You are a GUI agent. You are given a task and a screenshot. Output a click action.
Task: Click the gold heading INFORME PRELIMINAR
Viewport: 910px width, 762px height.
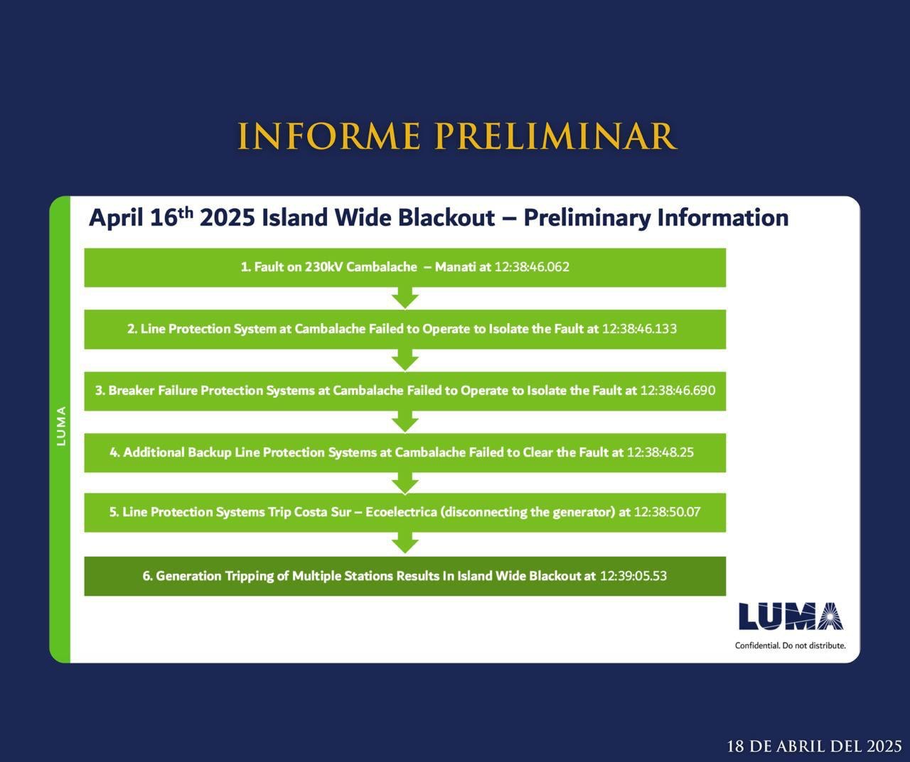pos(456,137)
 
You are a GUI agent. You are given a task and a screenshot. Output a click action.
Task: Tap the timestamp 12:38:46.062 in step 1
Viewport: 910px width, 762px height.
pos(532,267)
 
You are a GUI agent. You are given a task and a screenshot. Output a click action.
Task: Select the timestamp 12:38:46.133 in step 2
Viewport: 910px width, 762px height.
pos(639,329)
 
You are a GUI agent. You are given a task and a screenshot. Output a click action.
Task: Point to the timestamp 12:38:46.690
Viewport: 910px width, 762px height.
pos(678,391)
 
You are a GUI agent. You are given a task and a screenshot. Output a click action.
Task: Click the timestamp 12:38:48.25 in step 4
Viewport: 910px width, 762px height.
pos(660,452)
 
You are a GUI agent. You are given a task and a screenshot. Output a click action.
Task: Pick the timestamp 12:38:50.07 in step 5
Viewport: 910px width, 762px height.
pos(668,512)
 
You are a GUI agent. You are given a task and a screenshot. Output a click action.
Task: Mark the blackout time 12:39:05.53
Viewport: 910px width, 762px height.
pos(633,576)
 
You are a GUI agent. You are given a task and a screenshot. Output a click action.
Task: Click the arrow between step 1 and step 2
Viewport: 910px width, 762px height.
pos(405,298)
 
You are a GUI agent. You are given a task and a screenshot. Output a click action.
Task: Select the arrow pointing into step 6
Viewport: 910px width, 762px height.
pos(405,543)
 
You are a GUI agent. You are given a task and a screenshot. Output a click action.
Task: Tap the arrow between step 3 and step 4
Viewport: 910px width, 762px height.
pos(405,422)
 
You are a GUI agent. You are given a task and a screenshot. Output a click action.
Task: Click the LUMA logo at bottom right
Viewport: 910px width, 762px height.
pos(791,616)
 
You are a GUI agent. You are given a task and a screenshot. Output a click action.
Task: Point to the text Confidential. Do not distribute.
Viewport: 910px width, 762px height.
pos(790,646)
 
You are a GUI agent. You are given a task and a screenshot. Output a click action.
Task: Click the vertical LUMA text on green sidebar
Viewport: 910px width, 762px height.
pos(61,426)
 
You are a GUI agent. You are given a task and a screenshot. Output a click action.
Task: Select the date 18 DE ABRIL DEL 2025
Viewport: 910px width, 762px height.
pos(814,746)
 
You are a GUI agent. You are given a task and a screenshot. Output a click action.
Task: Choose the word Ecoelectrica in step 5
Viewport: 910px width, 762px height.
pos(402,512)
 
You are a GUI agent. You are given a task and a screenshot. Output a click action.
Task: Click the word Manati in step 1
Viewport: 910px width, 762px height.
pos(455,267)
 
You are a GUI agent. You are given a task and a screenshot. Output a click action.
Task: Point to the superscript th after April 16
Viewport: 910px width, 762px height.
pos(186,213)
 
